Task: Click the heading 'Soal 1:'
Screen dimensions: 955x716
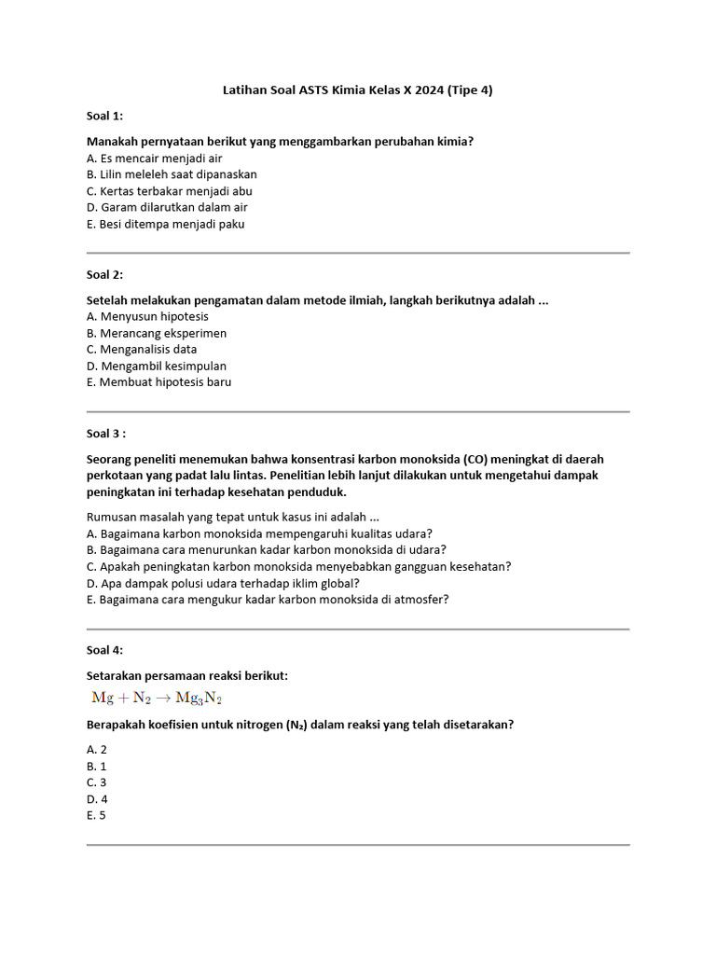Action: (x=104, y=116)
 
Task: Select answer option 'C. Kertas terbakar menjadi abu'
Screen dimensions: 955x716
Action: (x=169, y=190)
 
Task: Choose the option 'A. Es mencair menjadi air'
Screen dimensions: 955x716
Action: (x=154, y=159)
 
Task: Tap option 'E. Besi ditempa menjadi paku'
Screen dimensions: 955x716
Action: (x=165, y=224)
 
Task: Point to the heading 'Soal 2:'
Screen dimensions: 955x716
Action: (x=104, y=274)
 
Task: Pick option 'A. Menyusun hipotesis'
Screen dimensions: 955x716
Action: (x=147, y=316)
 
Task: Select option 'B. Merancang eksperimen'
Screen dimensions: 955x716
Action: (x=157, y=333)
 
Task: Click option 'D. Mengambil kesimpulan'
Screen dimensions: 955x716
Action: (x=157, y=366)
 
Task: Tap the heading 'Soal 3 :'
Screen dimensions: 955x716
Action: (x=106, y=433)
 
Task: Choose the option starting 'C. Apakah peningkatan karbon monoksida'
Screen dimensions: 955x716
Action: (x=298, y=566)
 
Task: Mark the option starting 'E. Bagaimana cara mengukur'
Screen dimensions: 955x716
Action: (x=268, y=600)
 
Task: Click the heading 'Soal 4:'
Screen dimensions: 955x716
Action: (x=104, y=650)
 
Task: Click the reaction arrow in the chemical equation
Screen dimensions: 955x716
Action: (x=162, y=698)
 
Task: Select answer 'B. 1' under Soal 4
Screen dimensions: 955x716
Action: (x=97, y=766)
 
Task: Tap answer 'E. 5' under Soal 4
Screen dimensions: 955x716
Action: (x=97, y=815)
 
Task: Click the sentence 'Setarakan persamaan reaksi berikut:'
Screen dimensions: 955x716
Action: (x=186, y=675)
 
